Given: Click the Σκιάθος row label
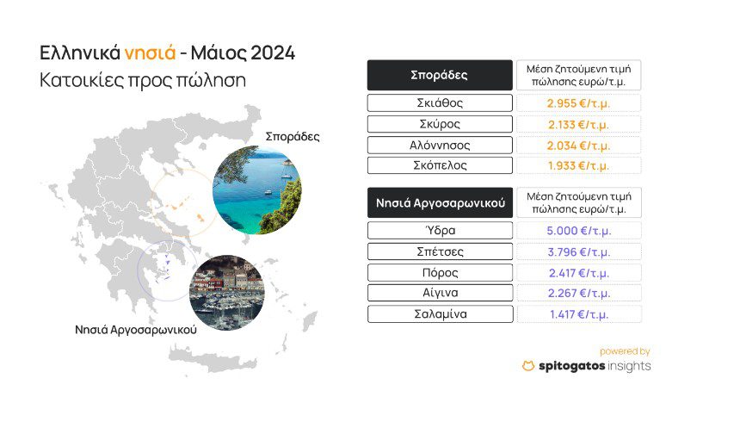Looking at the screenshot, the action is click(440, 103).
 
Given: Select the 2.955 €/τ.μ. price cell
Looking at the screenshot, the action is click(578, 103).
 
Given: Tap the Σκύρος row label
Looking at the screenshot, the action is click(440, 124).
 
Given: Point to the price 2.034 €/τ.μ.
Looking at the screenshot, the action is click(578, 146).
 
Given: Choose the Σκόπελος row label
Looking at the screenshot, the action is click(440, 165).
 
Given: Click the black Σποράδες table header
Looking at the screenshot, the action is click(440, 75).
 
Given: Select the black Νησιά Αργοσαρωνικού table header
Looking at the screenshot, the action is click(440, 202).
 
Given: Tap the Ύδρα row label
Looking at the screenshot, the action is click(440, 231).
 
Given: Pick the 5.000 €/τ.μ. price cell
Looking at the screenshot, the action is click(579, 231).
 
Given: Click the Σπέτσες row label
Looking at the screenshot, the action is click(440, 251).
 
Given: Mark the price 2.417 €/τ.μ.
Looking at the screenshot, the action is click(579, 273).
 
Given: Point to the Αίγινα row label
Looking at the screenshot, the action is click(440, 293).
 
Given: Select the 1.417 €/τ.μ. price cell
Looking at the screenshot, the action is click(579, 314).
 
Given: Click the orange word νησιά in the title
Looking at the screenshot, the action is click(150, 53).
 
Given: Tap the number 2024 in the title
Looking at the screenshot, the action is click(273, 53).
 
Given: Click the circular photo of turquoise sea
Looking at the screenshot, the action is click(257, 190).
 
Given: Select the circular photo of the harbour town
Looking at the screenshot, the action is click(227, 293).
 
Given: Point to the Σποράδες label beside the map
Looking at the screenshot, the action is click(293, 137).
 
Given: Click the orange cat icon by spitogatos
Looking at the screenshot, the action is click(528, 366).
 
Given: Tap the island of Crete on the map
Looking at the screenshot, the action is click(213, 357).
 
